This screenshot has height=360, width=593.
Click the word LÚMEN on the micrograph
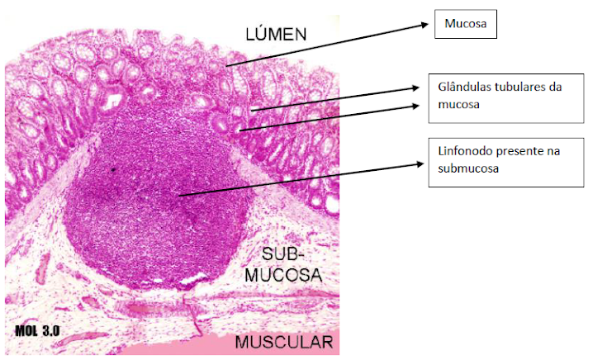pyautogui.click(x=275, y=34)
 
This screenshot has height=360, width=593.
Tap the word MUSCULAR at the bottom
pyautogui.click(x=283, y=341)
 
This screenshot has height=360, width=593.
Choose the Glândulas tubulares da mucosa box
pyautogui.click(x=493, y=96)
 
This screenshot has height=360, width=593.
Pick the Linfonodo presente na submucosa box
pyautogui.click(x=493, y=160)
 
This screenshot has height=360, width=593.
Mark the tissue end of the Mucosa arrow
pyautogui.click(x=227, y=64)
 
